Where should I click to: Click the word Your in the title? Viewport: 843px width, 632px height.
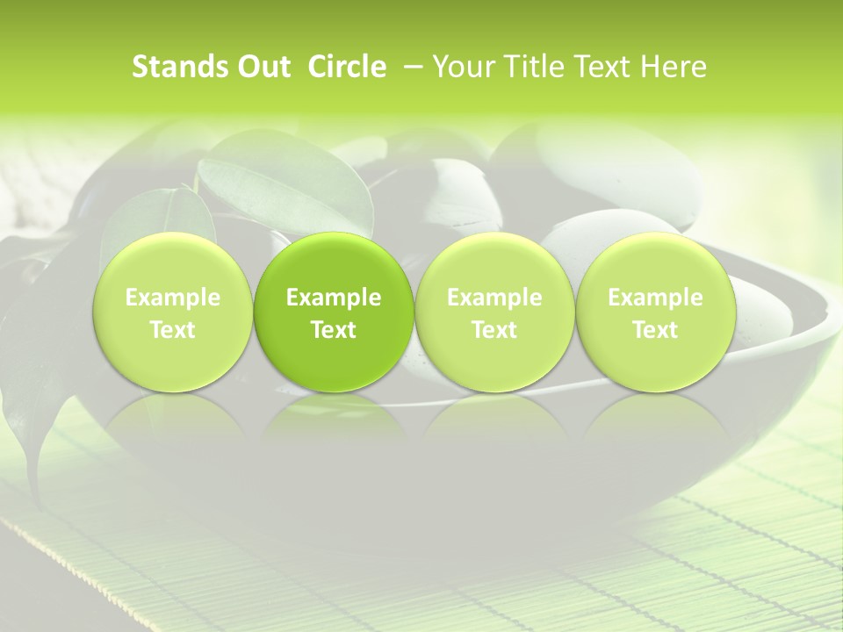click(463, 68)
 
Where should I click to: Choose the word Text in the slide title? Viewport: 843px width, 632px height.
click(598, 68)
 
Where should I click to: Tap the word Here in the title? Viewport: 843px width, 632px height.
click(673, 68)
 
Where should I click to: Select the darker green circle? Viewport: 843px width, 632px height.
click(334, 312)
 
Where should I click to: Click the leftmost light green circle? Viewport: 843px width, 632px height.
click(172, 312)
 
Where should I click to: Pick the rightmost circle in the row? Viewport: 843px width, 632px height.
click(655, 312)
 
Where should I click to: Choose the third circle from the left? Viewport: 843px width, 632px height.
click(494, 312)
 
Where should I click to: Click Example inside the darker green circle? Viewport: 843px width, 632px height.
click(334, 298)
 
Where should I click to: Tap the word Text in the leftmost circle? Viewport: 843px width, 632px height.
click(172, 330)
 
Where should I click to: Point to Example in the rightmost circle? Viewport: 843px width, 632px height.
click(655, 298)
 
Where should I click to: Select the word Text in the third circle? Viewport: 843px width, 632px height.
click(494, 330)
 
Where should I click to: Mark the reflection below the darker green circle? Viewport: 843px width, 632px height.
click(334, 421)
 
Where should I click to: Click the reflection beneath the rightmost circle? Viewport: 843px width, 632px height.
click(655, 421)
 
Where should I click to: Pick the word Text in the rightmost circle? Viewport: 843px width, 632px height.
click(655, 330)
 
